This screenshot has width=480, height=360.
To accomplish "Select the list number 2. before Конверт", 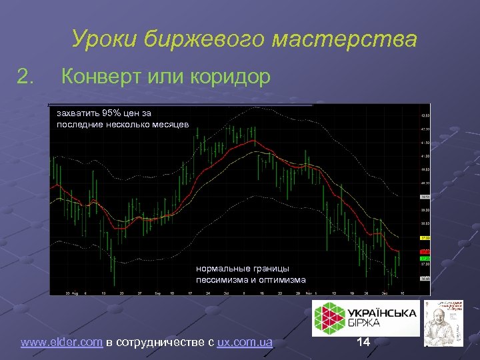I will coord(26,77).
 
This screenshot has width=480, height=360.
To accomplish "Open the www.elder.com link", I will coord(61,343).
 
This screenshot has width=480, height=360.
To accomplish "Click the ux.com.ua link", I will coord(245,343).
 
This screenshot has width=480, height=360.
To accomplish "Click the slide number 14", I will coord(363,342).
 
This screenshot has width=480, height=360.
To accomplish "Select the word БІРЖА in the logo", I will coord(364,324).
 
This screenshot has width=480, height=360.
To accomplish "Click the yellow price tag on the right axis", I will coord(425,238).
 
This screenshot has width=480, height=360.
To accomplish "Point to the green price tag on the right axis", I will coord(425,259).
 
